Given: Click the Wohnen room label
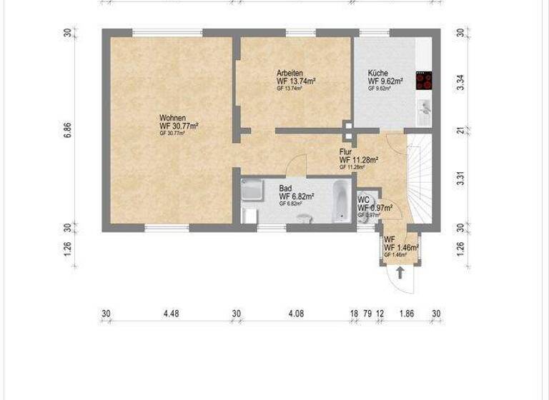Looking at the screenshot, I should pyautogui.click(x=172, y=118).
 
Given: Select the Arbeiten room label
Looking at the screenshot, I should pyautogui.click(x=290, y=74).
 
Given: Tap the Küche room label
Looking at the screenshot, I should pyautogui.click(x=377, y=74).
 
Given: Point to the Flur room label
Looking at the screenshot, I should pyautogui.click(x=346, y=151).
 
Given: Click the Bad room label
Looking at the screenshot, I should pyautogui.click(x=285, y=188).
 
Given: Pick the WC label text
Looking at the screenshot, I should pyautogui.click(x=363, y=200).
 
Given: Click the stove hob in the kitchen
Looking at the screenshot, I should pyautogui.click(x=425, y=81).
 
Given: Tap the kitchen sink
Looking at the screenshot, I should pyautogui.click(x=424, y=108).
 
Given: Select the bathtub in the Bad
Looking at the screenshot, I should pyautogui.click(x=342, y=199).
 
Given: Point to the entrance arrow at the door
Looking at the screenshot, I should pyautogui.click(x=400, y=272).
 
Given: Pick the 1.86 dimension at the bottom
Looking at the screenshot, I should pyautogui.click(x=407, y=313).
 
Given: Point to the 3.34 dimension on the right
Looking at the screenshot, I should pyautogui.click(x=462, y=81).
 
